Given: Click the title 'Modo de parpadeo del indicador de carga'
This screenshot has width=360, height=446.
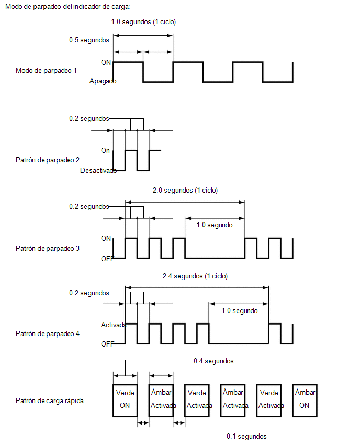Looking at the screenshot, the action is click(67, 6).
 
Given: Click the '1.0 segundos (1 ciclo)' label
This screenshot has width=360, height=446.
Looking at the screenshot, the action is click(143, 22).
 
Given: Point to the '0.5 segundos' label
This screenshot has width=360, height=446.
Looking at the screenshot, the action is click(89, 40).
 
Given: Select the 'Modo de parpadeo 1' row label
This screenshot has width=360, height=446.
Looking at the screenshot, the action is click(46, 70).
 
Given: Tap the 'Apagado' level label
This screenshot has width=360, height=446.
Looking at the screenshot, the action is click(103, 81).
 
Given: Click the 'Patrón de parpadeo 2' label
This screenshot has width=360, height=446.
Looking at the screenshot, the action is click(48, 160).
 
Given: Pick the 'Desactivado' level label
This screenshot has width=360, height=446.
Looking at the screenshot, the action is click(98, 170).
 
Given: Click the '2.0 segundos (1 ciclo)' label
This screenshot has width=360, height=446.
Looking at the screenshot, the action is click(185, 191).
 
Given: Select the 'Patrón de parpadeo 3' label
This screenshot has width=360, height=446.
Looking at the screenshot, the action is click(48, 248).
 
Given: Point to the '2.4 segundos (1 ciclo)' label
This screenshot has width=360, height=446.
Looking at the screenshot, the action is click(195, 276).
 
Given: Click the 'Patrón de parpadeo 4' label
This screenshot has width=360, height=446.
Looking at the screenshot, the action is click(48, 333).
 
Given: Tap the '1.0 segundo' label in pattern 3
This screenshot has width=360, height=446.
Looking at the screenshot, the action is click(215, 225).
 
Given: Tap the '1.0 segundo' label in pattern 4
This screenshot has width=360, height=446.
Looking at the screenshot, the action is click(240, 310).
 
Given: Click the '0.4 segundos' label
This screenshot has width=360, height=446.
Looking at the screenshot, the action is click(213, 361).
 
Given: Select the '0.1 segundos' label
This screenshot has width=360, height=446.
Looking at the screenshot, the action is click(246, 437).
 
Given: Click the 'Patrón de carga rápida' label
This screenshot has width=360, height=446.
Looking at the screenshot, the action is click(50, 401).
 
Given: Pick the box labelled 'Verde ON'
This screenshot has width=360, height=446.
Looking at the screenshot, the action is click(125, 384).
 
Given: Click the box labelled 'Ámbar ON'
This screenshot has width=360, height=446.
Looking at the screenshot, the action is click(305, 384).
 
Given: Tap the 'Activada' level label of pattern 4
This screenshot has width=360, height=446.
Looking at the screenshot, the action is click(114, 325).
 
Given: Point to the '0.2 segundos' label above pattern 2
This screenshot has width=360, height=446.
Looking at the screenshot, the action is click(89, 119).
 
